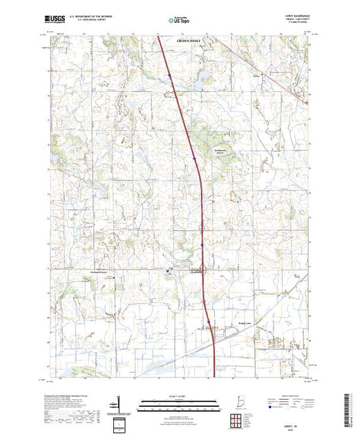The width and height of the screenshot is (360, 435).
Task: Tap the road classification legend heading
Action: (x=291, y=395)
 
